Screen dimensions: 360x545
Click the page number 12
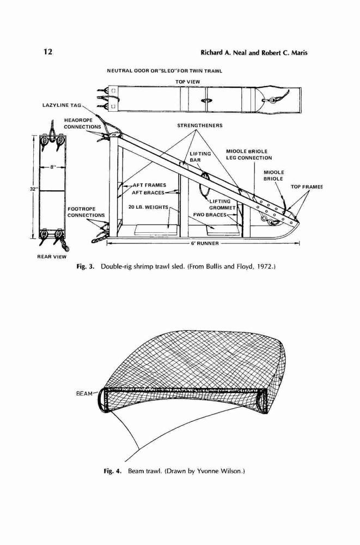tap(48, 52)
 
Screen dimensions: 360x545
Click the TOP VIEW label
tap(188, 82)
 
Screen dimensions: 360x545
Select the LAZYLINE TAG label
tap(62, 105)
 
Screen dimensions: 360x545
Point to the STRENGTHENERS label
tap(200, 125)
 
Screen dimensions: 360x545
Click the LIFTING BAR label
tap(200, 157)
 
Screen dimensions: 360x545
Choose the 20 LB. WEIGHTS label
tap(148, 207)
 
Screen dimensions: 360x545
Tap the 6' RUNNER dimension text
tap(205, 243)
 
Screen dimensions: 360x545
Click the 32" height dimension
tap(34, 189)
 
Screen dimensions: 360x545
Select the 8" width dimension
tap(53, 167)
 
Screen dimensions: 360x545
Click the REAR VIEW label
tap(52, 257)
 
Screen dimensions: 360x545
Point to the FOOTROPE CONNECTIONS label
tap(86, 212)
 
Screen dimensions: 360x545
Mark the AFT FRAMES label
tap(149, 185)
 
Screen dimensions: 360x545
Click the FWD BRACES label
tap(210, 215)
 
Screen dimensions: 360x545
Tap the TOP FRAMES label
tap(307, 187)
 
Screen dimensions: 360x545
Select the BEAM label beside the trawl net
tap(84, 393)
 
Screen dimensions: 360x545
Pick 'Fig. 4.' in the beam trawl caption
tap(113, 471)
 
